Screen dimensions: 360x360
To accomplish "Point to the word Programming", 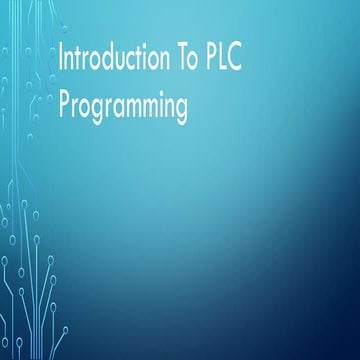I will pos(123,106).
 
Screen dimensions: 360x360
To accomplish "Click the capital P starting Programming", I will pos(65,104).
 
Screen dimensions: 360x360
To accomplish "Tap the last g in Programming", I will pos(180,109).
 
